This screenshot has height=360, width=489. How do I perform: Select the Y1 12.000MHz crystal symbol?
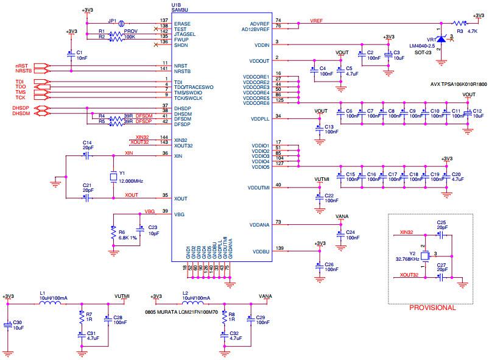click(113, 177)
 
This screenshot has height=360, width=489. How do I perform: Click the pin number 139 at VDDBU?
click(280, 248)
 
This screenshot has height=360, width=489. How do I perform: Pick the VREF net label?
click(316, 21)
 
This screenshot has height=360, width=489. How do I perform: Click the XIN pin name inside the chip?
click(178, 157)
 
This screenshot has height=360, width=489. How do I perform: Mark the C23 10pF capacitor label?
click(152, 230)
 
